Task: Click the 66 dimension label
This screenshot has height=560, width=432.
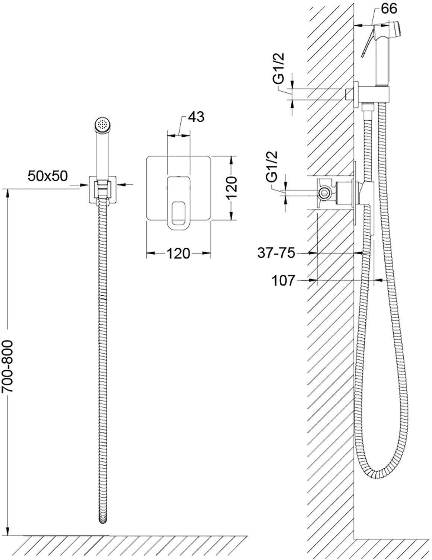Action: (x=389, y=9)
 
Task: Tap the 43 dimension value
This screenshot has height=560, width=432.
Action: (x=196, y=117)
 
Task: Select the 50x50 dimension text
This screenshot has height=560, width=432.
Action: (x=48, y=176)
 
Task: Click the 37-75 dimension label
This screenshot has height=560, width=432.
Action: (x=276, y=253)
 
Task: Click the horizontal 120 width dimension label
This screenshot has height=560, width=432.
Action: (x=178, y=253)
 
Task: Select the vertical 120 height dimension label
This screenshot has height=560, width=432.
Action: (x=232, y=188)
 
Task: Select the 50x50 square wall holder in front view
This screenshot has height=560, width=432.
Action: (x=102, y=189)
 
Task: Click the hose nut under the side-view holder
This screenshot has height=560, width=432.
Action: (x=368, y=108)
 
